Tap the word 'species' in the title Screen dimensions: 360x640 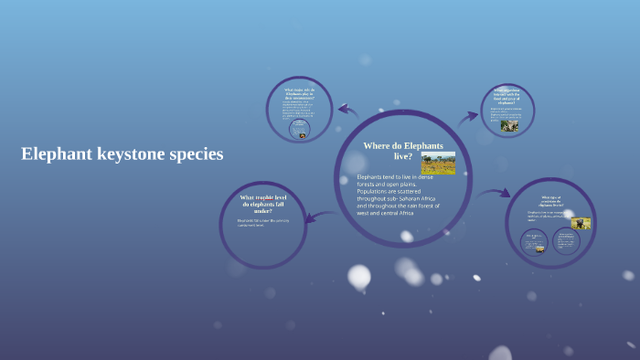pyautogui.click(x=195, y=154)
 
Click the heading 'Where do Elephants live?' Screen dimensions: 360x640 pyautogui.click(x=403, y=151)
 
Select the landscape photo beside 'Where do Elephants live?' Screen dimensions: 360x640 pyautogui.click(x=438, y=163)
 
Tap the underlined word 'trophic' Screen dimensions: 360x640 pyautogui.click(x=271, y=197)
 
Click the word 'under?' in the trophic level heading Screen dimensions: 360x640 pyautogui.click(x=263, y=211)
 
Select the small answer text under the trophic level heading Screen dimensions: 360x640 pyautogui.click(x=263, y=222)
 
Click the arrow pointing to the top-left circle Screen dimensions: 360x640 pyautogui.click(x=347, y=111)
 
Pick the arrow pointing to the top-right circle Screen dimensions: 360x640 pyautogui.click(x=468, y=116)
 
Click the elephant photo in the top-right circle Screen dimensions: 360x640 pyautogui.click(x=509, y=125)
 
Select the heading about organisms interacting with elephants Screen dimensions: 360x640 pyautogui.click(x=507, y=96)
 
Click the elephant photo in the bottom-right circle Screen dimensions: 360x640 pyautogui.click(x=581, y=223)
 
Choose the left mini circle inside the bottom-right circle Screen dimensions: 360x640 pyautogui.click(x=535, y=242)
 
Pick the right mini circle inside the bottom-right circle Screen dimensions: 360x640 pyautogui.click(x=565, y=242)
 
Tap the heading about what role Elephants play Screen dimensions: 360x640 pyautogui.click(x=299, y=94)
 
